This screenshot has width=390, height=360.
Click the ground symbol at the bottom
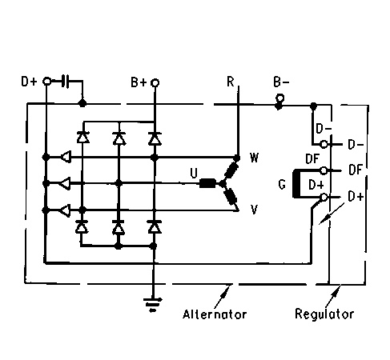153,304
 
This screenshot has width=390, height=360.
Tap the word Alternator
215,314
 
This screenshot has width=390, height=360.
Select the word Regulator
324,314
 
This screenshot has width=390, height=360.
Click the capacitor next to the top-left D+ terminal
66,81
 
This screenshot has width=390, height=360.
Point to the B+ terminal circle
155,82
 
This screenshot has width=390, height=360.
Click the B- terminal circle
279,98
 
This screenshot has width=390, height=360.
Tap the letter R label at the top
230,82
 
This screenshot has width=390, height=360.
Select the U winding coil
207,183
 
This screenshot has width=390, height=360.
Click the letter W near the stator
254,158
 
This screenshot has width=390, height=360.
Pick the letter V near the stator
254,210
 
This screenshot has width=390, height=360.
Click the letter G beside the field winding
282,184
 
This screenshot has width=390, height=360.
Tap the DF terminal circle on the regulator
324,170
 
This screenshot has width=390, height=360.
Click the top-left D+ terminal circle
46,81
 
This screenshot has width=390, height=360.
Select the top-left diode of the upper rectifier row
82,137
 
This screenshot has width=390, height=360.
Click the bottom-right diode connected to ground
155,227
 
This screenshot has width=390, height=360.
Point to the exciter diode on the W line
66,157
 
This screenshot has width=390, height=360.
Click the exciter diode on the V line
66,210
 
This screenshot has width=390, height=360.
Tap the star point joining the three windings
222,183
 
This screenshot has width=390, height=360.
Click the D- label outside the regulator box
356,145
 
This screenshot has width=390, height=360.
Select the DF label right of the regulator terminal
356,170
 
